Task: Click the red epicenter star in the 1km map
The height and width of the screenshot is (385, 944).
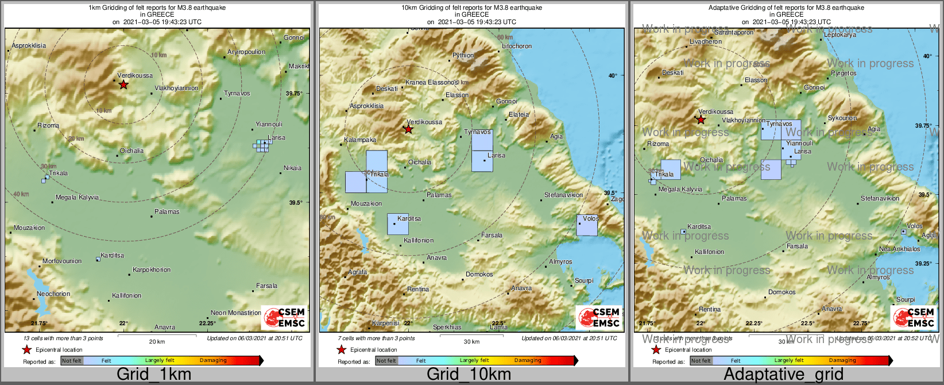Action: point(123,85)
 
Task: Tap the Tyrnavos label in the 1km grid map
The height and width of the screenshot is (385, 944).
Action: point(237,93)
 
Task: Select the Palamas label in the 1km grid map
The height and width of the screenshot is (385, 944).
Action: point(167,212)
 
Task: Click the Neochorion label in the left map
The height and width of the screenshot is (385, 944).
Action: point(53,294)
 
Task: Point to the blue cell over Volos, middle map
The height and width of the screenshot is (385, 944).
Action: point(587,225)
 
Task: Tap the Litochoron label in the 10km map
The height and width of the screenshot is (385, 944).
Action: point(517,46)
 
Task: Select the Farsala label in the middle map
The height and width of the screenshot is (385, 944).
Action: point(492,235)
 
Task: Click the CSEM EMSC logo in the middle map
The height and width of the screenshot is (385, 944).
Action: point(599,318)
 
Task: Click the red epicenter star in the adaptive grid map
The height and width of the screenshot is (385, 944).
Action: point(701,120)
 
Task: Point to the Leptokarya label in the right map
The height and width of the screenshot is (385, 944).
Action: point(840,35)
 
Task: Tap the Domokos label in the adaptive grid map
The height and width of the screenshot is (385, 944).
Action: point(782,292)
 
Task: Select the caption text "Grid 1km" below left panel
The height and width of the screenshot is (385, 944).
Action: point(154,374)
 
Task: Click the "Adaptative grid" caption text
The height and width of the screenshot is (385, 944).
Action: point(783,374)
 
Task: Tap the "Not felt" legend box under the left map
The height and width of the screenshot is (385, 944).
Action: point(72,361)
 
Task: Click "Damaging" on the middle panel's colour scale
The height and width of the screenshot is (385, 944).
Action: point(528,361)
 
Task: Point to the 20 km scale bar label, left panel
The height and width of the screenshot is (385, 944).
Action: point(157,342)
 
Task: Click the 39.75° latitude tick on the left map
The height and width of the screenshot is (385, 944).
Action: point(294,93)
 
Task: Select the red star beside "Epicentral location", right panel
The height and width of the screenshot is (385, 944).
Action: point(656,349)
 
